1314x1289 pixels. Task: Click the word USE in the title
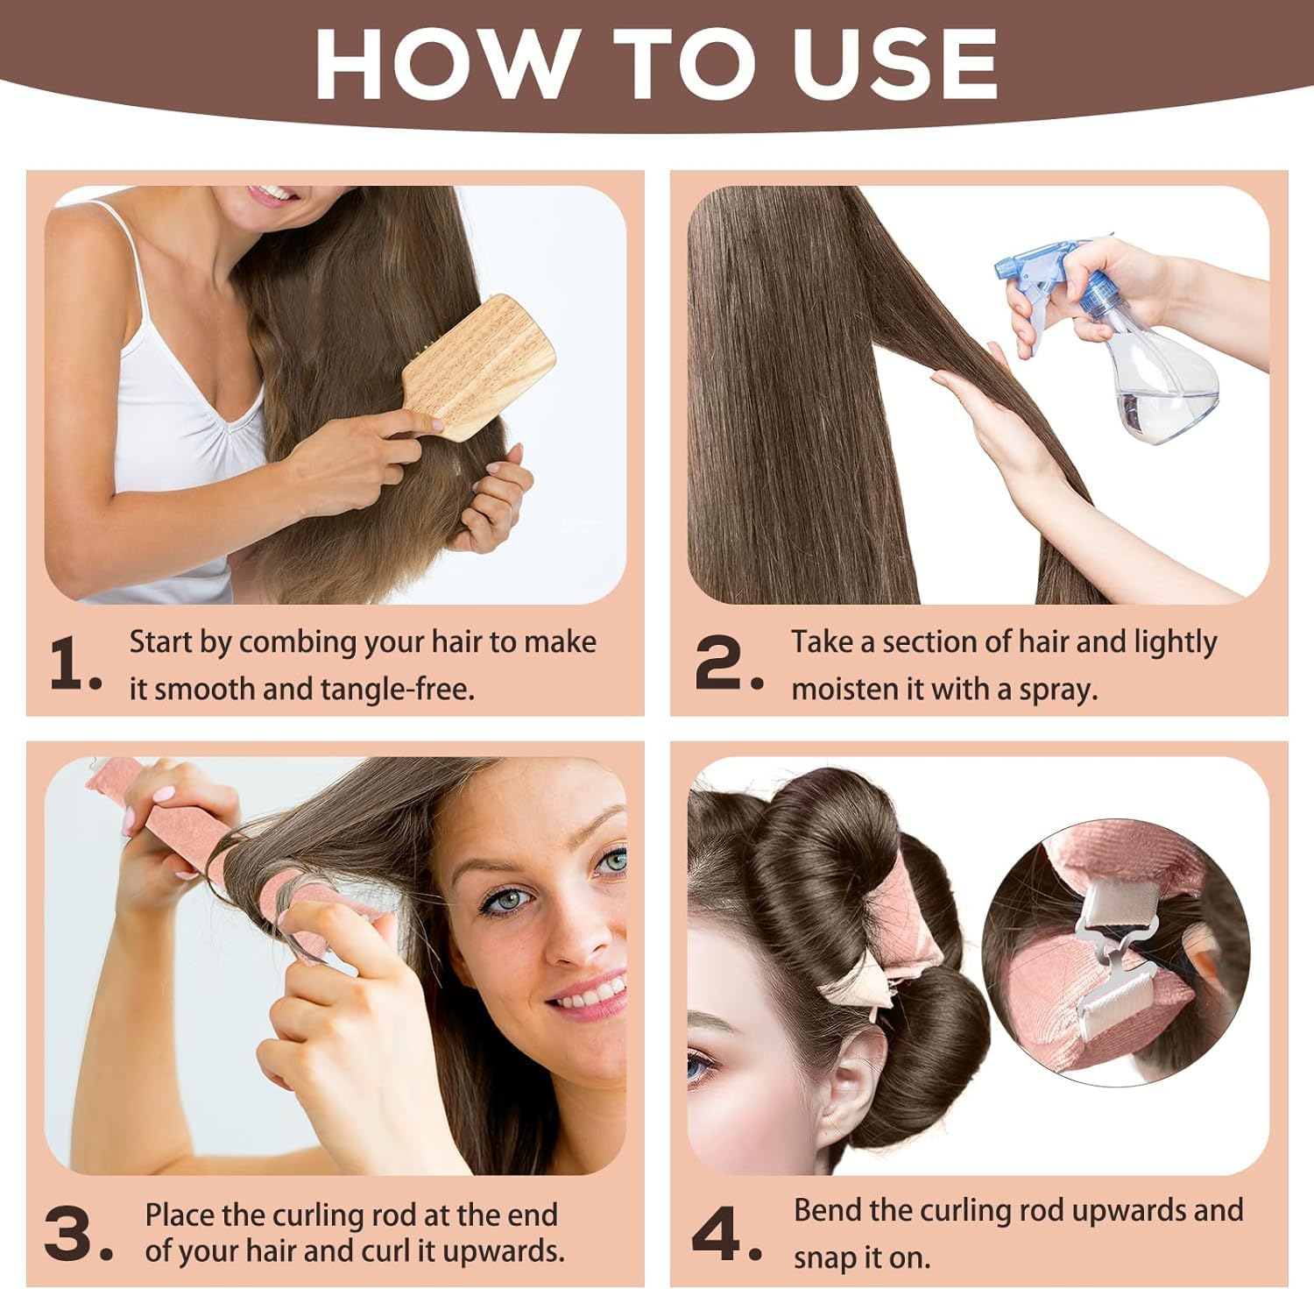tap(894, 63)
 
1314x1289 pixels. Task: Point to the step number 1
tap(75, 663)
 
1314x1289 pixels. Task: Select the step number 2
tap(727, 663)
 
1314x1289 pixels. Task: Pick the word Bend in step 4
tap(828, 1210)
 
